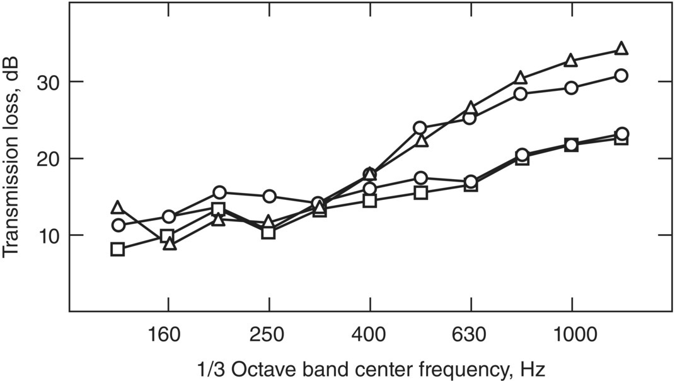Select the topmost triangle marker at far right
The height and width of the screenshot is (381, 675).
621,49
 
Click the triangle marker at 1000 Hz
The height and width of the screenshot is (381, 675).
571,61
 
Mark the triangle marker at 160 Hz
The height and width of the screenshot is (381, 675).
169,244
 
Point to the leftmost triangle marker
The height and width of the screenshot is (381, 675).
117,208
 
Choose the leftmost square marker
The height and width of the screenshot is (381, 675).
117,249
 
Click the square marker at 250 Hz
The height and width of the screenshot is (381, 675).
268,232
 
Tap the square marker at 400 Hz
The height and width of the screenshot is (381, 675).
369,201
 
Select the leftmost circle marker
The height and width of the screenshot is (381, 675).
117,225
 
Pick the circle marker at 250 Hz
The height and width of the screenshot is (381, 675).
269,196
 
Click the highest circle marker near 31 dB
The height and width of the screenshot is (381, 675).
621,76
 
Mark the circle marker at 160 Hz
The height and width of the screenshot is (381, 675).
168,217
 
